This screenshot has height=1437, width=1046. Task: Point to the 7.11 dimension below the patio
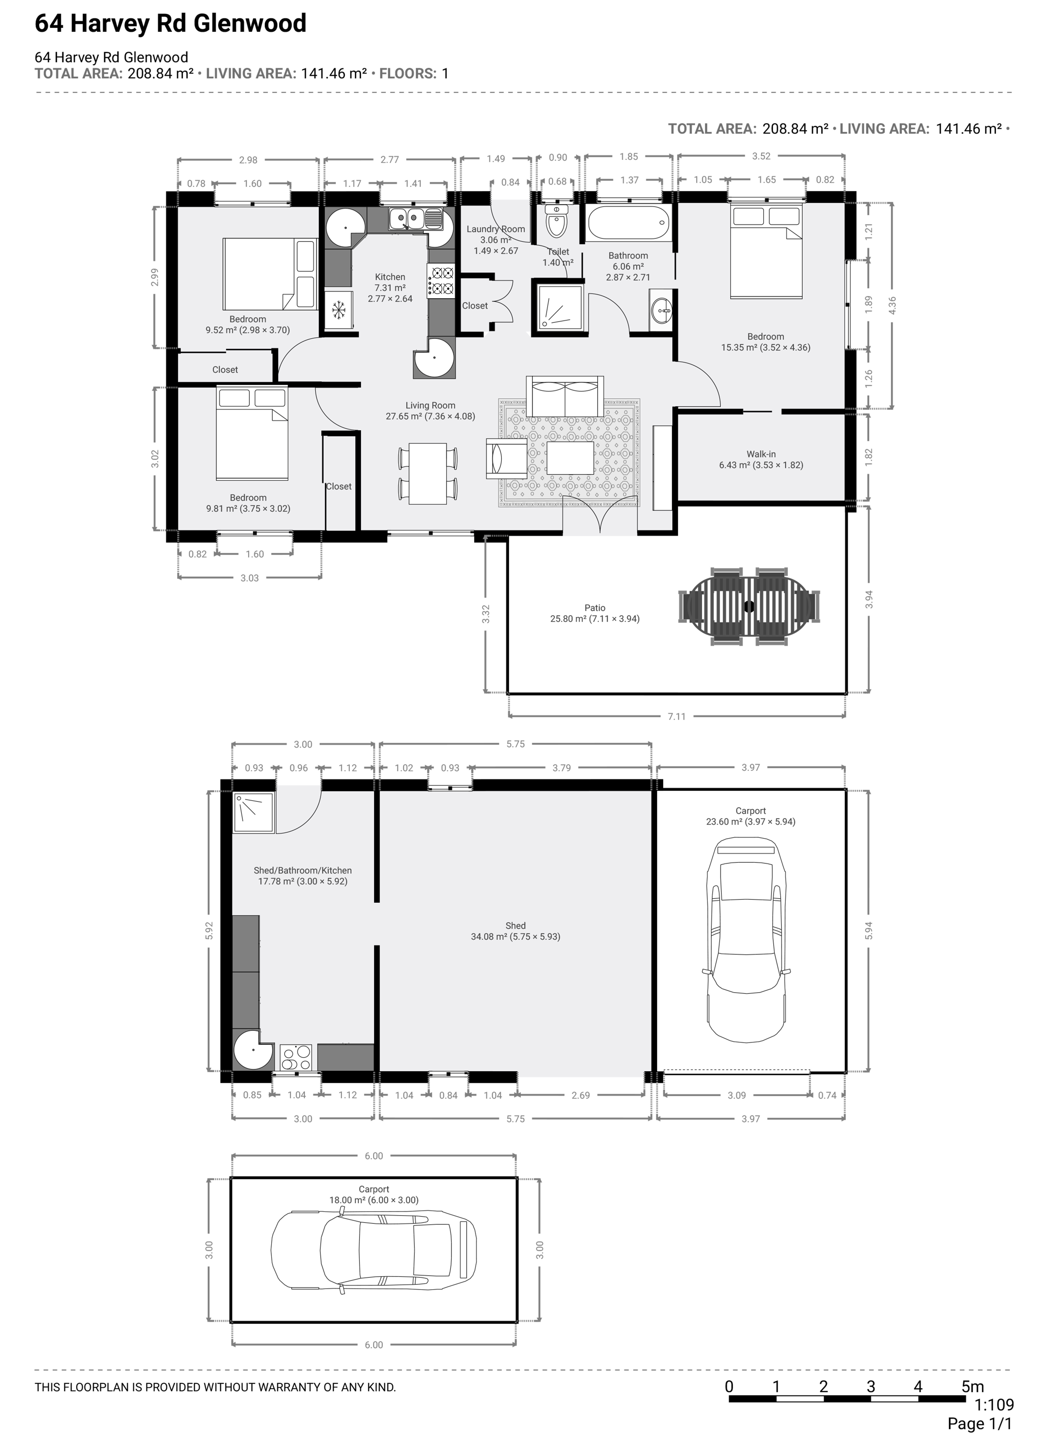pyautogui.click(x=677, y=717)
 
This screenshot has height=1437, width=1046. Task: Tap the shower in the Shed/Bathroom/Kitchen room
pyautogui.click(x=253, y=812)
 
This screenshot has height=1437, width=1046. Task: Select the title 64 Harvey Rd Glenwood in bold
pyautogui.click(x=170, y=24)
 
